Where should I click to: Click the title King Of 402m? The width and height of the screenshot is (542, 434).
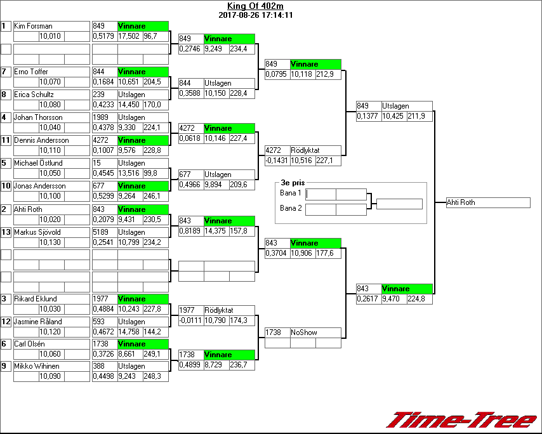255,6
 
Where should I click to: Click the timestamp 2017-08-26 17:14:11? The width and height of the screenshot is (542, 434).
255,15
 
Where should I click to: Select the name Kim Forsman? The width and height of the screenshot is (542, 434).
33,26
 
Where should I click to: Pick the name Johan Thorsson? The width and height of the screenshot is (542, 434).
38,117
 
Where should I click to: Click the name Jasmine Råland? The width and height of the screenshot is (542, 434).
38,322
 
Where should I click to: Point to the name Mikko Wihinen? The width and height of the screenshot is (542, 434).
37,366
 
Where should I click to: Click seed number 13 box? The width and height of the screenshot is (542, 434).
6,232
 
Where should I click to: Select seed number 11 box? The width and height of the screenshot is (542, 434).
6,140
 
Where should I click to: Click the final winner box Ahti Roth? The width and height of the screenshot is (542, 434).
487,202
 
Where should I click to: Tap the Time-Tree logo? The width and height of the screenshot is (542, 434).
462,420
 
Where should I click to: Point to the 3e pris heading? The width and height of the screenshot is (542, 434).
293,183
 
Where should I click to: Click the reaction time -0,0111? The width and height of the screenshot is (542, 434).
190,321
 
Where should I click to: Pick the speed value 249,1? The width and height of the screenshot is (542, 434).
152,354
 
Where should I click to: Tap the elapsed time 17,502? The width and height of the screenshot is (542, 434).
129,37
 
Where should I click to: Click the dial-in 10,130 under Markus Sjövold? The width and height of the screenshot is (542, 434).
51,242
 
